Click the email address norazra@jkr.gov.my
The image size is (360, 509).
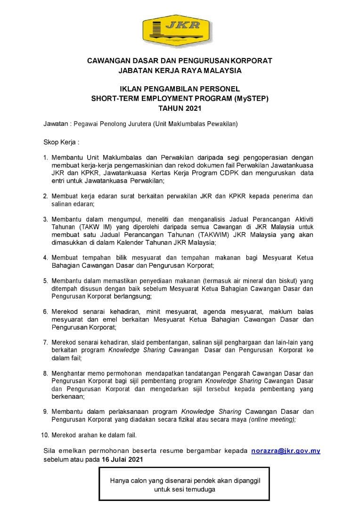(286, 451)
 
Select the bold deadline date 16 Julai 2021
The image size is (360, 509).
(120, 459)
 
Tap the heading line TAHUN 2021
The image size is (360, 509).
(180, 108)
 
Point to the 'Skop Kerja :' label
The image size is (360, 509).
(61, 141)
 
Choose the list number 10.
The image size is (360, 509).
(46, 434)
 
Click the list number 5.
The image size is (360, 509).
(46, 280)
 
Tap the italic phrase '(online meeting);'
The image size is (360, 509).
(272, 419)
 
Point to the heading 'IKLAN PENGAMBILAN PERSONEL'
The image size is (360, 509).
(180, 89)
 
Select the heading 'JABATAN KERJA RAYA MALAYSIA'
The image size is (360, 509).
(180, 70)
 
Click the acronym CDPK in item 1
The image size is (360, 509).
(231, 173)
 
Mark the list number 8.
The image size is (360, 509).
(46, 373)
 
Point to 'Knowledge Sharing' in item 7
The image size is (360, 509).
(137, 350)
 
